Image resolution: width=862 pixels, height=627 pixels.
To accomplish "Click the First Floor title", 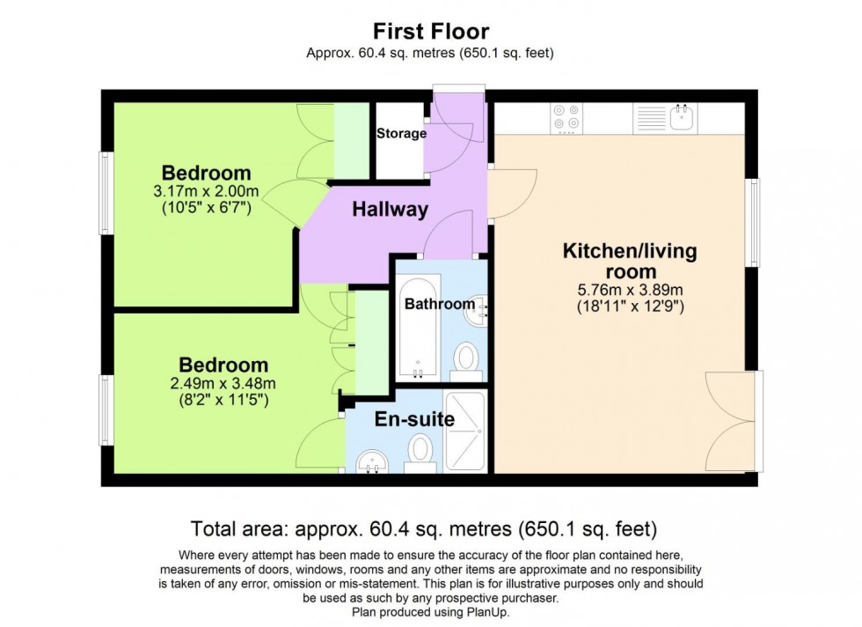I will [x=431, y=32].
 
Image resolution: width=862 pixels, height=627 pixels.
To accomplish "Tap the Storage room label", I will [x=401, y=134].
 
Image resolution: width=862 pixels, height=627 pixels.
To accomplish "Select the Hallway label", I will [x=390, y=210].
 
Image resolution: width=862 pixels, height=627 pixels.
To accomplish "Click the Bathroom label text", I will [x=439, y=304].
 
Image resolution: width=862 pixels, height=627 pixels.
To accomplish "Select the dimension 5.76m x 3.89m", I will [x=630, y=290].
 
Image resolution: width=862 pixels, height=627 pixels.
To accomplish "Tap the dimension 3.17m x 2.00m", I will [x=206, y=192].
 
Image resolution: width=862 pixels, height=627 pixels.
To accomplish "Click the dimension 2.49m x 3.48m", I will [x=223, y=383].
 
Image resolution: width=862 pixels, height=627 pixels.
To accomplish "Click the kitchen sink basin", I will [x=682, y=116].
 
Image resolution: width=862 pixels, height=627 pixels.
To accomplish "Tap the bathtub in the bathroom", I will [x=417, y=330].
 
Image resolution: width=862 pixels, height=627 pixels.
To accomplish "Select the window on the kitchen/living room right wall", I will [x=752, y=223].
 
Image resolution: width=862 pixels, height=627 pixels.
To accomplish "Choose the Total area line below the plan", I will [x=424, y=529].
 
